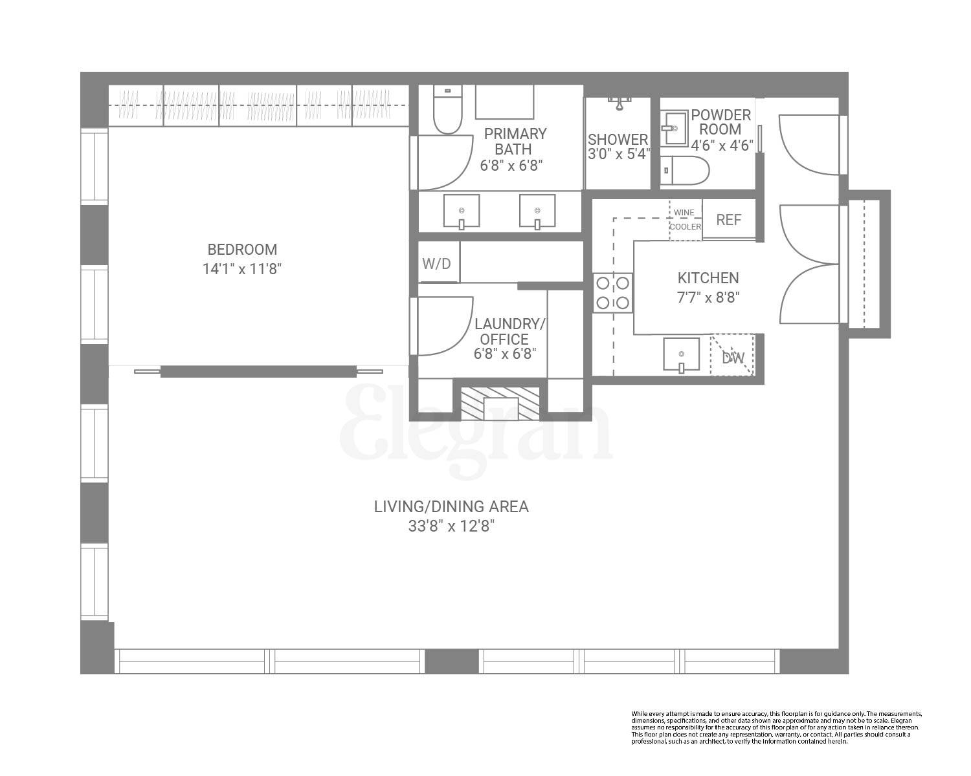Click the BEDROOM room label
click(242, 250)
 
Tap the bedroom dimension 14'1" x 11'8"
click(242, 269)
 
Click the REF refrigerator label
click(728, 220)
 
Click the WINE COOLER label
click(685, 220)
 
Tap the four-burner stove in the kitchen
click(613, 292)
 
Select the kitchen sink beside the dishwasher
click(681, 355)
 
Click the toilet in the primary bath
click(446, 110)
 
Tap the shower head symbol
click(619, 103)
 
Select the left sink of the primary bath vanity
click(462, 211)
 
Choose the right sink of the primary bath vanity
click(537, 211)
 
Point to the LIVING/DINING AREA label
click(451, 507)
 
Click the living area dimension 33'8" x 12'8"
click(451, 526)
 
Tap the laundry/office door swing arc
click(447, 327)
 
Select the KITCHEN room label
click(708, 278)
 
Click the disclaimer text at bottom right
click(776, 727)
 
